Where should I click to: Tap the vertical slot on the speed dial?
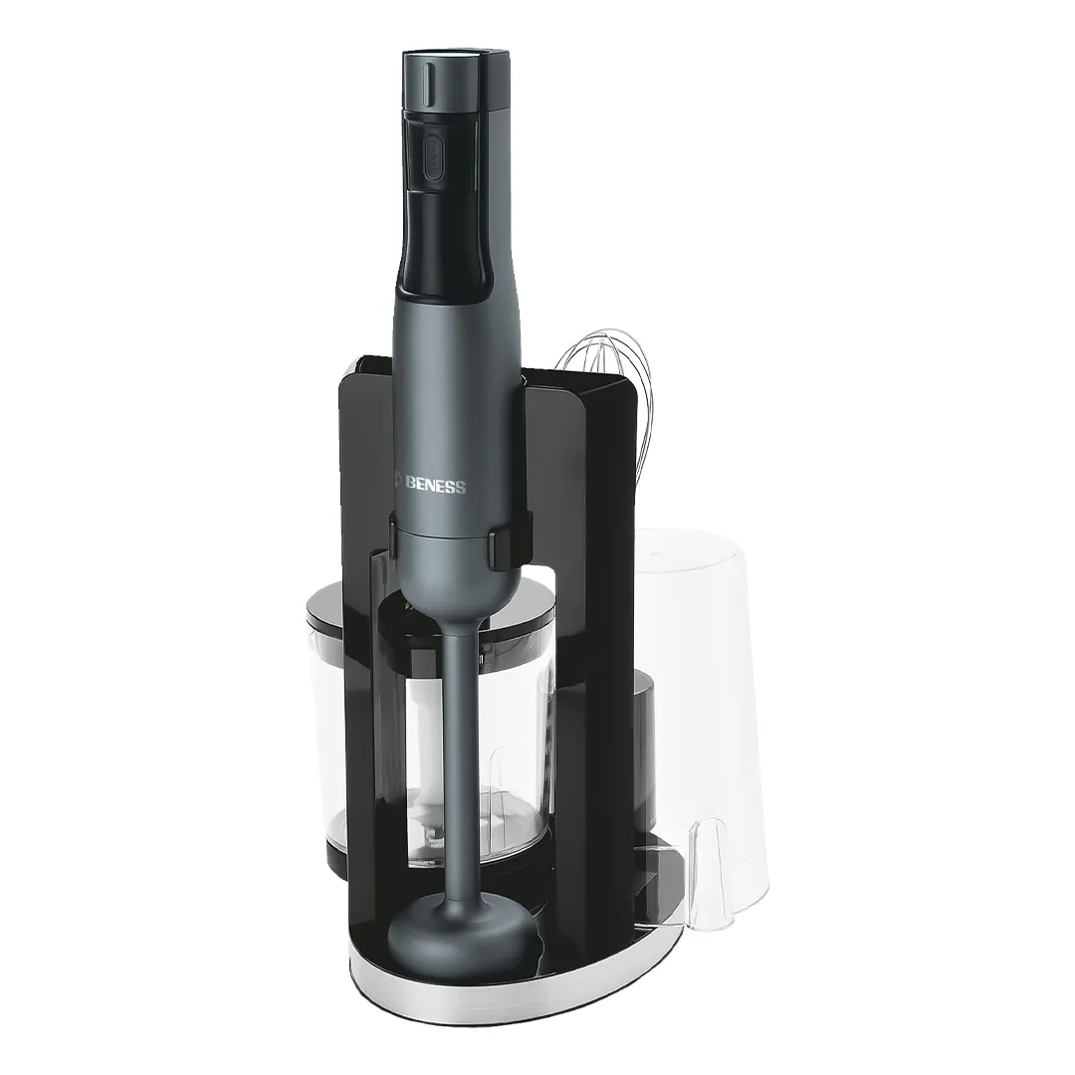pos(428,84)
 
